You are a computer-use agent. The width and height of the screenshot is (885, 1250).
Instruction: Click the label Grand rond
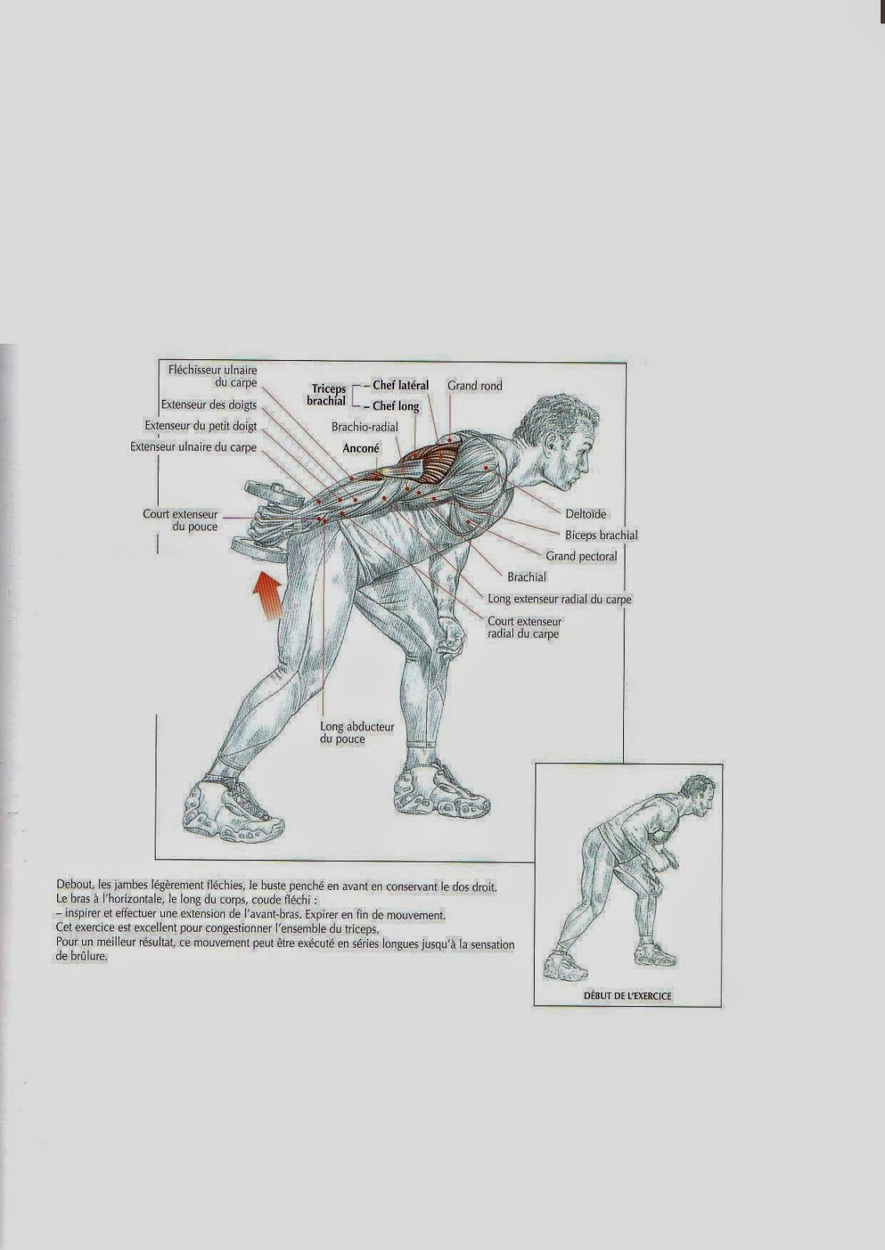475,386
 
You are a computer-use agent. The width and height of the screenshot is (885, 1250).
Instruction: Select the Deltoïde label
586,514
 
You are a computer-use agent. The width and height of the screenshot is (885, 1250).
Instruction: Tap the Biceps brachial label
601,535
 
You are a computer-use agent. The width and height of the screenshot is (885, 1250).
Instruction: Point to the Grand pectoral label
581,556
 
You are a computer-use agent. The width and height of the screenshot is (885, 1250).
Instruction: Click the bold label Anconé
361,449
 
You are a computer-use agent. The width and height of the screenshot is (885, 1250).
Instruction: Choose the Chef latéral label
400,386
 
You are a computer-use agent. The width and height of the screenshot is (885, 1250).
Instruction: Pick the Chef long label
396,406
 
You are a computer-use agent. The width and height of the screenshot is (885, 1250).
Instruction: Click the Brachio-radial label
364,427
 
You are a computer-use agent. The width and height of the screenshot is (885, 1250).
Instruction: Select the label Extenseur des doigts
209,405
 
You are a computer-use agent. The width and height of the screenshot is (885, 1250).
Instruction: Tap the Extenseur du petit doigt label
200,427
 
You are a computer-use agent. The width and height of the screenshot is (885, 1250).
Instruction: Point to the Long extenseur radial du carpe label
559,599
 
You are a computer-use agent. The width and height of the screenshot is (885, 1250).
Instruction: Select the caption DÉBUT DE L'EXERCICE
627,996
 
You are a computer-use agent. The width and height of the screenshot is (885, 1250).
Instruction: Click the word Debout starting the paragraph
75,886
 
